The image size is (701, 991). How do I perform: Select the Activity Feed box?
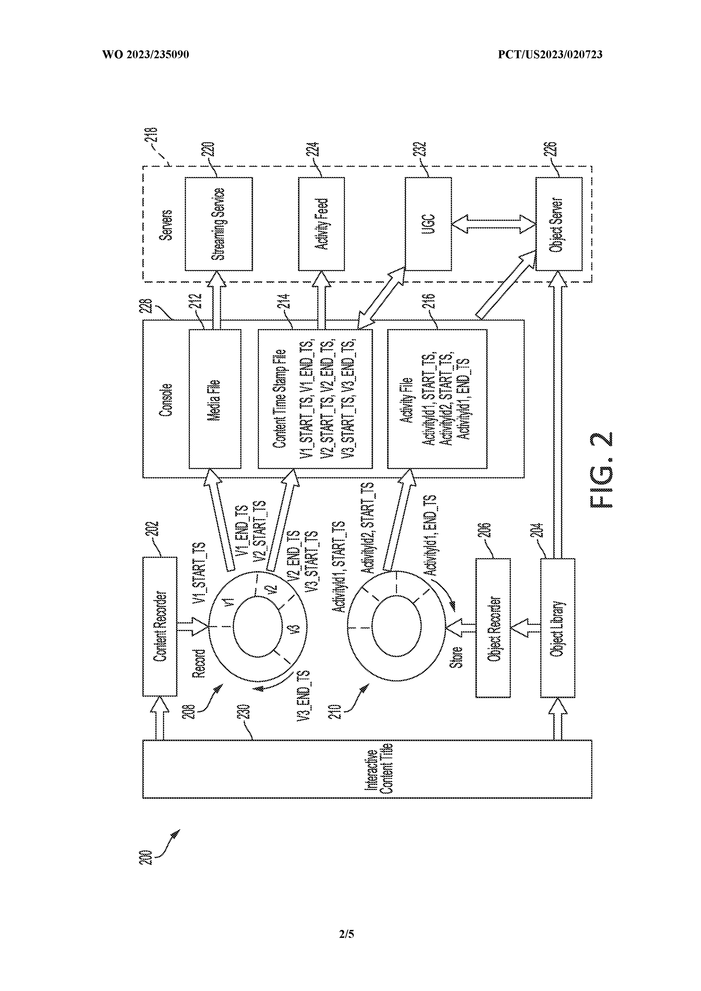coord(321,224)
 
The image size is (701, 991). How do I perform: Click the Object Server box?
coord(558,224)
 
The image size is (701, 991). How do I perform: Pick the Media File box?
coord(215,399)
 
